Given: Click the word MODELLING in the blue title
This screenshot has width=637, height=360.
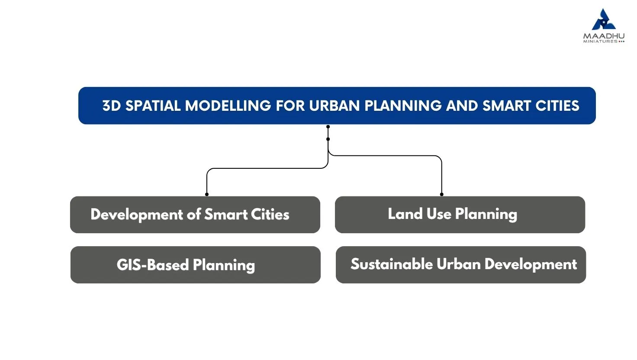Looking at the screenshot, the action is coord(228,106).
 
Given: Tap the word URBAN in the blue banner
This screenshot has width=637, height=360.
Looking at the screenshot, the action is coord(335,106).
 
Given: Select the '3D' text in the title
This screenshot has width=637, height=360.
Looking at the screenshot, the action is coord(112,106).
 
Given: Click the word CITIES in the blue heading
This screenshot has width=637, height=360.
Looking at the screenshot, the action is coord(557,106).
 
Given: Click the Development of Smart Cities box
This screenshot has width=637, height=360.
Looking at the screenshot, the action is coord(195,215).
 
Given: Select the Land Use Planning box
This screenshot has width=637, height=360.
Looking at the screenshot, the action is coord(460,215).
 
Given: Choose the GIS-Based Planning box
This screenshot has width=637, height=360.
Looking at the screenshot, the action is coord(195,265).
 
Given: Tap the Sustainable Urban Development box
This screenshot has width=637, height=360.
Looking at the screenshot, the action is coord(461,265).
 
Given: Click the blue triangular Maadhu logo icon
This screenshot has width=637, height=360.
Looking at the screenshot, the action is coord(603,20).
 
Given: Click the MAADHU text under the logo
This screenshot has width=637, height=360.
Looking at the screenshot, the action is coord(604,36).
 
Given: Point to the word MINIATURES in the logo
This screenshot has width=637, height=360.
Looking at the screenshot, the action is coord(600,42).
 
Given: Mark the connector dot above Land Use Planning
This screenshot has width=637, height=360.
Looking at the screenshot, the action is coord(442,195).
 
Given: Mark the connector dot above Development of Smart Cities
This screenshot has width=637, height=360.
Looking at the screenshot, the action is coord(207,195).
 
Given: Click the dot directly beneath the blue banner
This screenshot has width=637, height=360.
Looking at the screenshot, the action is coord(328,126).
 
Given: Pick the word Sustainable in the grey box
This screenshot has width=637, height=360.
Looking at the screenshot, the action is coord(392,264).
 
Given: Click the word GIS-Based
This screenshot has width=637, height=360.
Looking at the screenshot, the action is coord(153,265).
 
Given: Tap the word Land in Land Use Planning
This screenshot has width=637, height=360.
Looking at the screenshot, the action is coord(405,214).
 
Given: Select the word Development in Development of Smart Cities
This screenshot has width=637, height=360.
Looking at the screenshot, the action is coord(136,215).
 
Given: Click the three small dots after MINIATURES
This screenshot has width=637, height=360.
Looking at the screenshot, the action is coord(621,42).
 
